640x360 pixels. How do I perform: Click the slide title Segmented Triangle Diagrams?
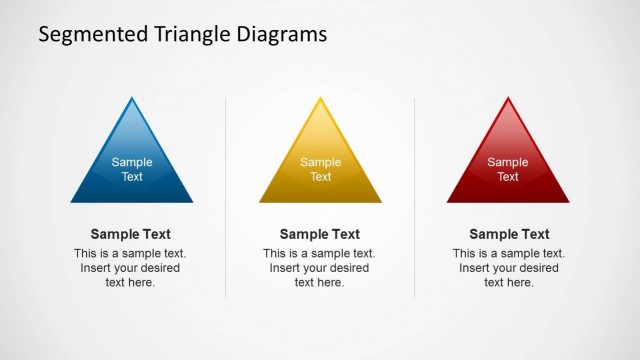[182, 34]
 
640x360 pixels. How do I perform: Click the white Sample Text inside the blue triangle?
[132, 170]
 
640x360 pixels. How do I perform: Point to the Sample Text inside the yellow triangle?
[320, 170]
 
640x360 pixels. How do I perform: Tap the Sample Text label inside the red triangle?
[508, 170]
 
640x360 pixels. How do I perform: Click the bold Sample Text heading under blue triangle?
[130, 235]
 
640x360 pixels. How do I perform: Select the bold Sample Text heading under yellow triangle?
[319, 235]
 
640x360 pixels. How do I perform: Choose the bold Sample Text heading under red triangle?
[509, 235]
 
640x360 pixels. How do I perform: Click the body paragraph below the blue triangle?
[130, 268]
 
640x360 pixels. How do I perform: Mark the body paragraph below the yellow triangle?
[319, 268]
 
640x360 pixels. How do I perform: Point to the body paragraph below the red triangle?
[509, 268]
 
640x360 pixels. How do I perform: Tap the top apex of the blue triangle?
[132, 99]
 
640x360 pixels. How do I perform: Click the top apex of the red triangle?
[508, 99]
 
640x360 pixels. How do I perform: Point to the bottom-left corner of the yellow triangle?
[262, 201]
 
